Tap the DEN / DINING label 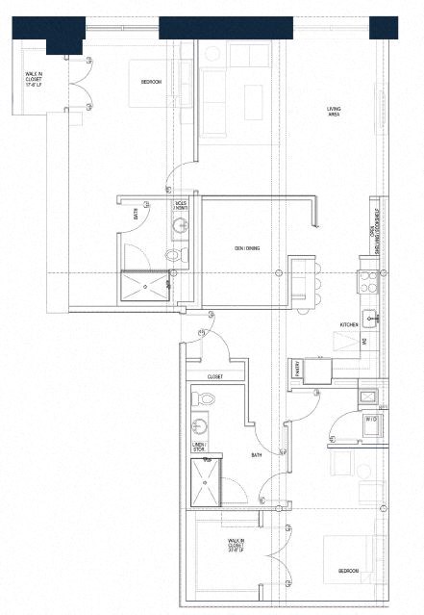click(x=247, y=248)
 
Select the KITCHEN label click(x=349, y=324)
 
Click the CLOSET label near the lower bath click(x=214, y=376)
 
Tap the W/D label click(x=371, y=420)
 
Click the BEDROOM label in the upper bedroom click(x=151, y=83)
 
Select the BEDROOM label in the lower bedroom click(x=347, y=572)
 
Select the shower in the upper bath click(x=142, y=285)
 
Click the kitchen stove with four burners click(x=370, y=281)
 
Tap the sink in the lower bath click(x=200, y=424)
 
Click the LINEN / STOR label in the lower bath click(x=199, y=447)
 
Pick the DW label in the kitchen click(x=364, y=341)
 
